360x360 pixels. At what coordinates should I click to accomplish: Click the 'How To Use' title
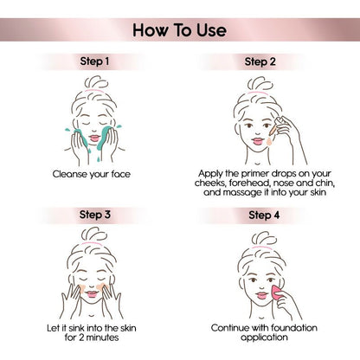tap(179, 30)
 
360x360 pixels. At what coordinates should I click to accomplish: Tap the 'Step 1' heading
tap(94, 61)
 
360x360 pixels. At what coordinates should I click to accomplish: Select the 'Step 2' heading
tap(260, 61)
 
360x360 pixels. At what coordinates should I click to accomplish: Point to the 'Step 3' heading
tap(95, 215)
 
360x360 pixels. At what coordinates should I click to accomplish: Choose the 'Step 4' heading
tap(264, 215)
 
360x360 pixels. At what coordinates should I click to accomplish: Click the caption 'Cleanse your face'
tap(92, 174)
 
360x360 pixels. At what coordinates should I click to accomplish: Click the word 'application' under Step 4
tap(264, 337)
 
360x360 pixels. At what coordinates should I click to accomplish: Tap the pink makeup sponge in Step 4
tap(276, 292)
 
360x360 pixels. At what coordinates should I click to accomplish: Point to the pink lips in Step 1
tap(94, 138)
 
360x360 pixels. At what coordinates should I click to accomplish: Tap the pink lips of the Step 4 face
tap(262, 296)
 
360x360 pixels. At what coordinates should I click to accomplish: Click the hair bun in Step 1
tap(97, 82)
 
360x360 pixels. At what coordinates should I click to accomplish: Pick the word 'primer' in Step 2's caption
tap(255, 174)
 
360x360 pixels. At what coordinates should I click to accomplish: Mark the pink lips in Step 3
tap(92, 294)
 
